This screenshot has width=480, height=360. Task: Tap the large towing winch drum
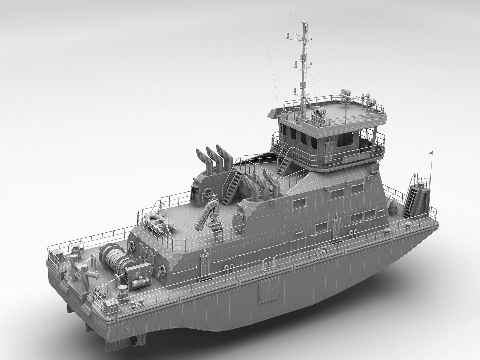[113, 259]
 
